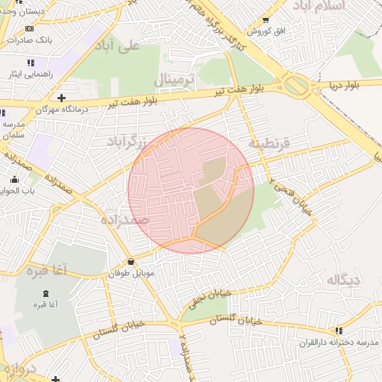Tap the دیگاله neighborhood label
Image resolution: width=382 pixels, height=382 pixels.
point(343,280)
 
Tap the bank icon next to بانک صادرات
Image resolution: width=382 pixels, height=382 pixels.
point(30,29)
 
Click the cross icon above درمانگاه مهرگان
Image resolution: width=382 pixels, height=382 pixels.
point(61,98)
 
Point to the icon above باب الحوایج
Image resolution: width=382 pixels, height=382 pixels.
point(14,179)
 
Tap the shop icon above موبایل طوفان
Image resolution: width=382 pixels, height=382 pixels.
point(132,261)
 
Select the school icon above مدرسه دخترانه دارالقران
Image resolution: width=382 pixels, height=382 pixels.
point(339,330)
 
